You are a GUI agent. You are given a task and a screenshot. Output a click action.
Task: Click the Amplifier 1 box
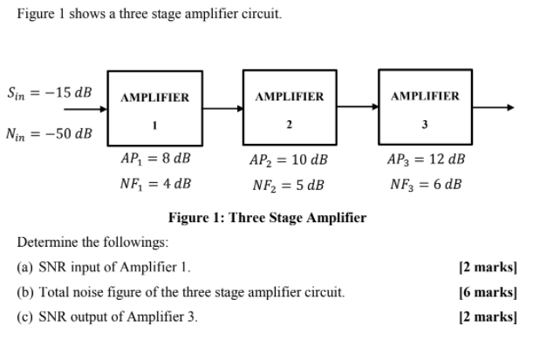point(154,109)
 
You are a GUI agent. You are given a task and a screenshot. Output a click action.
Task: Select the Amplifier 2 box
point(289,107)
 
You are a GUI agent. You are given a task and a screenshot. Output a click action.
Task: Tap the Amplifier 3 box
point(424,106)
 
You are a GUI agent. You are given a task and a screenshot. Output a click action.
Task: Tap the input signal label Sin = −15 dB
point(51,92)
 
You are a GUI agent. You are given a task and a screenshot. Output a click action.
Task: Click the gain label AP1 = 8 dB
point(154,160)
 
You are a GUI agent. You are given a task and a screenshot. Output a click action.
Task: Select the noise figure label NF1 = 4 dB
point(154,184)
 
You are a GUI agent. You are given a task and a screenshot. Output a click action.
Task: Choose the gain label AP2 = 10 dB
point(289,161)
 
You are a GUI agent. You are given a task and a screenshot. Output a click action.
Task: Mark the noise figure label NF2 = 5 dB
point(289,185)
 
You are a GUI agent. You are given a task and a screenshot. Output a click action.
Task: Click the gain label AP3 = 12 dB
point(425,160)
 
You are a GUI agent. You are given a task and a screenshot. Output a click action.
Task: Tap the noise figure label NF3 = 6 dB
point(425,184)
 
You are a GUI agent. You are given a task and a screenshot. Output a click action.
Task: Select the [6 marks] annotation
point(488,292)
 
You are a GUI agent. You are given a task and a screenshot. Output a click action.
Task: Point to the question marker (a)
point(25,267)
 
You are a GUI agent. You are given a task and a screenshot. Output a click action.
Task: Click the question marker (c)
point(25,316)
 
